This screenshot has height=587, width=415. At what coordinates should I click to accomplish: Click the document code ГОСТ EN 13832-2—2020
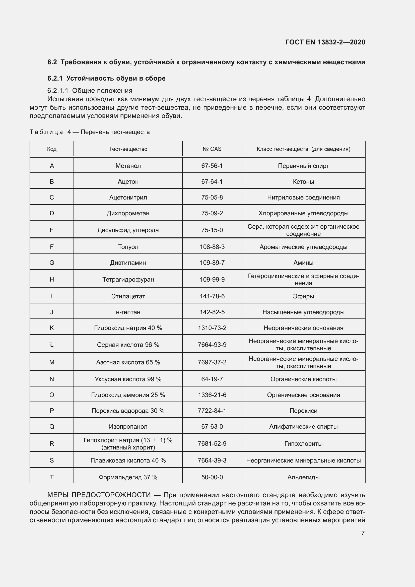pos(325,42)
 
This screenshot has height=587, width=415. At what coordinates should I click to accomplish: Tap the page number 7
pos(363,533)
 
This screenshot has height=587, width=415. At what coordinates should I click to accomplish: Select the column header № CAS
pos(212,149)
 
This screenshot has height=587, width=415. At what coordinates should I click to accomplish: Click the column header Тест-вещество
pos(128,149)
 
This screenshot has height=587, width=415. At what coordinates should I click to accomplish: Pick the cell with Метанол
pos(128,166)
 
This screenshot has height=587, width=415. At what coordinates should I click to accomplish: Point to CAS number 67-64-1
pos(212,182)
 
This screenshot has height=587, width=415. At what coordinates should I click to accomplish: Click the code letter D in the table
pos(52,213)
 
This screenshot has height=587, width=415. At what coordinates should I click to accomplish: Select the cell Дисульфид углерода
pos(128,230)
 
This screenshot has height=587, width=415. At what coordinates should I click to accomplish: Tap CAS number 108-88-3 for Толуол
pos(212,247)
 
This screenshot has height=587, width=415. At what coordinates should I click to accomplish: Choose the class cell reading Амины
pos(303,263)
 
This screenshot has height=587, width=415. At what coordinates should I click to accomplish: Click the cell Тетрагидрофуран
pos(128,279)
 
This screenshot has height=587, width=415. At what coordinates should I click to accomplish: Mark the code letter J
pos(52,312)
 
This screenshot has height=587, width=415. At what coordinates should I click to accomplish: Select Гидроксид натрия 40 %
pos(128,328)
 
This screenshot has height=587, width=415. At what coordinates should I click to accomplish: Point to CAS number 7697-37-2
pos(212,362)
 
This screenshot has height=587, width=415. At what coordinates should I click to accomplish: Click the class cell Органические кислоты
pos(303,379)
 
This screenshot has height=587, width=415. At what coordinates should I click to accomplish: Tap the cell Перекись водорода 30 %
pos(128,411)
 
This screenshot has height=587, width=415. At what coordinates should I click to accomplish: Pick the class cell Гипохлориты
pos(303,443)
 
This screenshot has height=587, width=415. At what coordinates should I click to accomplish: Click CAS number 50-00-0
pos(212,477)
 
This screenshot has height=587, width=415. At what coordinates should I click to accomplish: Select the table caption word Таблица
pos(46,132)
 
